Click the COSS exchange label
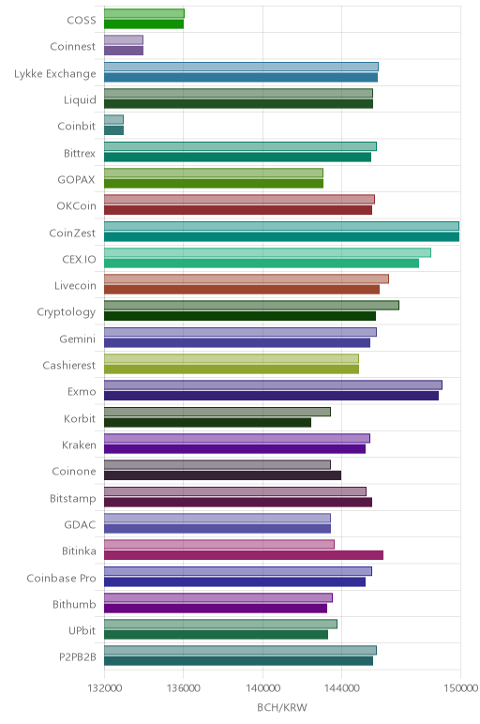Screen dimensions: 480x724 (82, 20)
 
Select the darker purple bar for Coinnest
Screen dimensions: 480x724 (124, 51)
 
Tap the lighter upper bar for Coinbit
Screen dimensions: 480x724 (114, 120)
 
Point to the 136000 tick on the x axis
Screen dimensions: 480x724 (183, 688)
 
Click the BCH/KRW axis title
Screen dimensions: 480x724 (282, 707)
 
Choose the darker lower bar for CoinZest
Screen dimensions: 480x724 (281, 237)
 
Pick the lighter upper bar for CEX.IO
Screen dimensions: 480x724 (268, 252)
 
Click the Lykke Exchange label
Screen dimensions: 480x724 (55, 74)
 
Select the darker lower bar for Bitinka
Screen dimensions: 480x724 (244, 555)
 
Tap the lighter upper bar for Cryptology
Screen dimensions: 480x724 (251, 305)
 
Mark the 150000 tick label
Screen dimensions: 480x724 (460, 688)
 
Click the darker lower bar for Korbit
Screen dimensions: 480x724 (208, 422)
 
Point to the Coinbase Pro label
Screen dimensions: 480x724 (61, 578)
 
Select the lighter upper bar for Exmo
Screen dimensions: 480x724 (273, 385)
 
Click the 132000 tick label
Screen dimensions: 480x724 (105, 688)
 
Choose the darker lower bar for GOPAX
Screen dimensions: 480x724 (214, 183)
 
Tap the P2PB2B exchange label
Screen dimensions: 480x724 (78, 657)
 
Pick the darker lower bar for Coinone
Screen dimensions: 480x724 (222, 475)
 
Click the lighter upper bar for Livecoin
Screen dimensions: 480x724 (247, 279)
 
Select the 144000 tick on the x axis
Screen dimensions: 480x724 (342, 688)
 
